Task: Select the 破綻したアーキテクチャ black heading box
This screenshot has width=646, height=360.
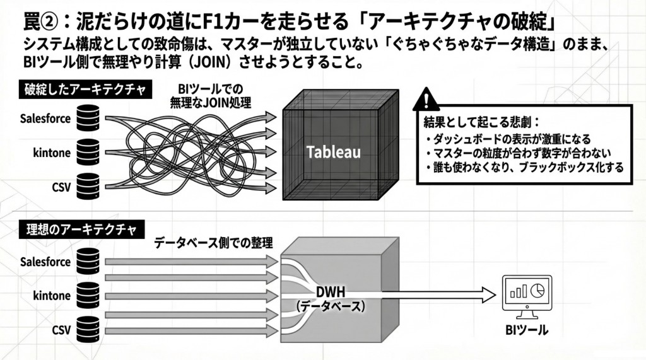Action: point(85,90)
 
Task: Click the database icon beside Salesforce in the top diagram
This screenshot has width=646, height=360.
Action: point(88,118)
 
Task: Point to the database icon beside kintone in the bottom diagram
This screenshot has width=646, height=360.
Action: point(88,294)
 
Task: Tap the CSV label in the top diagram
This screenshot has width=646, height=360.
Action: point(61,187)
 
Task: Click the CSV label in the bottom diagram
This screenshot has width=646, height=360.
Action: point(61,329)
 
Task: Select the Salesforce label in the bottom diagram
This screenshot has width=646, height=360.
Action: point(45,260)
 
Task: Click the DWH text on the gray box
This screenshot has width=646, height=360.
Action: point(331,293)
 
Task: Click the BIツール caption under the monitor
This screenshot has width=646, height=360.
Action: point(527,330)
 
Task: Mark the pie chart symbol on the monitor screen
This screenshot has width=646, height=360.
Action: point(538,289)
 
